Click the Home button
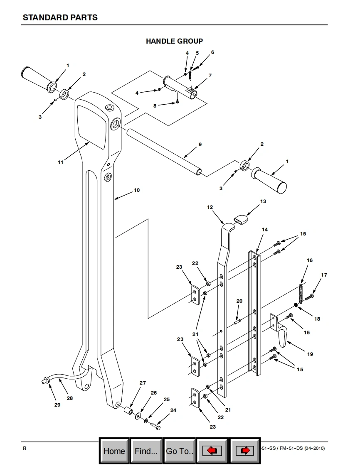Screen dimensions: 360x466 [x=114, y=451]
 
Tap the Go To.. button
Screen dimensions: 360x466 [x=180, y=451]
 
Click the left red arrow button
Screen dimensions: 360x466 [x=212, y=451]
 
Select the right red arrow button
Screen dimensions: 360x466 [x=245, y=451]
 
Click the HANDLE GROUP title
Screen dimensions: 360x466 [x=174, y=41]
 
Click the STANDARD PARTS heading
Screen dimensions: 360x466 [x=60, y=17]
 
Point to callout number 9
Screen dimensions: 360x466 [x=200, y=145]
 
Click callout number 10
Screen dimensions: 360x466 [x=137, y=190]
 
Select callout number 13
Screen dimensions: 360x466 [x=263, y=201]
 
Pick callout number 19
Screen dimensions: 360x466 [x=310, y=354]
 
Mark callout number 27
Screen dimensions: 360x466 [x=143, y=383]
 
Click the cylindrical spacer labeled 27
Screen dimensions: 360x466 [x=128, y=412]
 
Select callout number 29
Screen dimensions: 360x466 [x=57, y=405]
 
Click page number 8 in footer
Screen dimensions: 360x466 [x=25, y=448]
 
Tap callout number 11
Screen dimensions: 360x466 [x=60, y=162]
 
